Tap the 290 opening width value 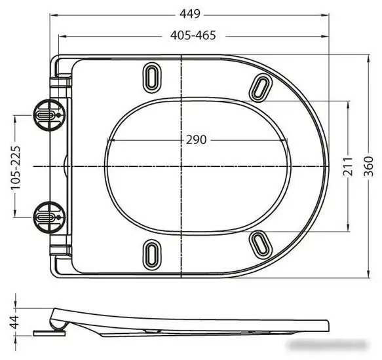pos(196,139)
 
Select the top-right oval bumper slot pos(261,86)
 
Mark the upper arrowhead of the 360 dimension pos(368,56)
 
